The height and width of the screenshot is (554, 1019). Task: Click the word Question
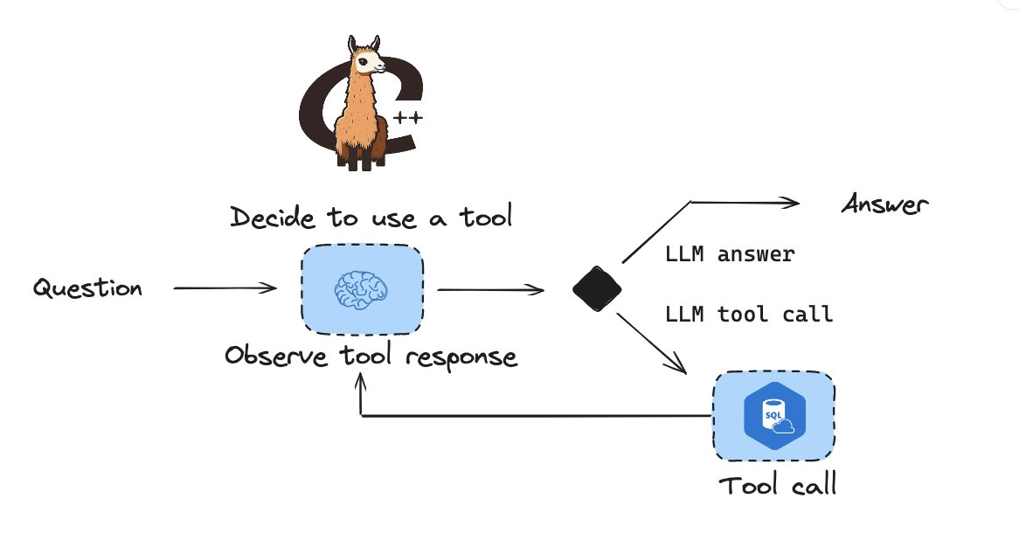[x=87, y=287]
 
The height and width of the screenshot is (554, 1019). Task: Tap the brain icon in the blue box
[x=361, y=289]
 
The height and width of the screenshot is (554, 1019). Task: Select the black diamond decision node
[x=597, y=288]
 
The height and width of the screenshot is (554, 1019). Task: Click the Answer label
[x=885, y=204]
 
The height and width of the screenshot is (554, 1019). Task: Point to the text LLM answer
[x=730, y=254]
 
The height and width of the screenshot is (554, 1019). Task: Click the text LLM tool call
[x=749, y=315]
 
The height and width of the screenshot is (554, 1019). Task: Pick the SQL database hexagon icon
[x=774, y=416]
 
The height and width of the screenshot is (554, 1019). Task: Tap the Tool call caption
[x=777, y=484]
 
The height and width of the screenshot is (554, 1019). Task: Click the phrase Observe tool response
[x=371, y=357]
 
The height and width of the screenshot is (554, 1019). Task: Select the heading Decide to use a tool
[x=371, y=217]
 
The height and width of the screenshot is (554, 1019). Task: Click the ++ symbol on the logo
[x=408, y=118]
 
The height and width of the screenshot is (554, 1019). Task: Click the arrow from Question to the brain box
[x=225, y=287]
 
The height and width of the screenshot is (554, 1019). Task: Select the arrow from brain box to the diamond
[x=490, y=289]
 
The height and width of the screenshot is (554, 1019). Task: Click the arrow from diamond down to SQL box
[x=651, y=343]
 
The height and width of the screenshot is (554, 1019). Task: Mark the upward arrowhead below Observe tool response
[x=361, y=382]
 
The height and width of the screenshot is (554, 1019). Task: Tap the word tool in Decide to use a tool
[x=486, y=217]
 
